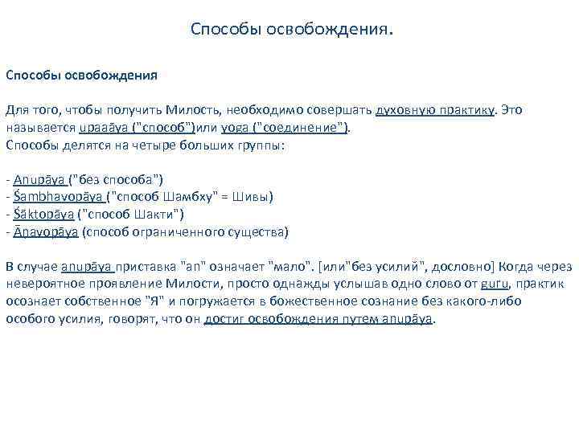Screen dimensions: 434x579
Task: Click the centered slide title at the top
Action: tap(293, 30)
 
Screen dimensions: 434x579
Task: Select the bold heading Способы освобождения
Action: tap(81, 76)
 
